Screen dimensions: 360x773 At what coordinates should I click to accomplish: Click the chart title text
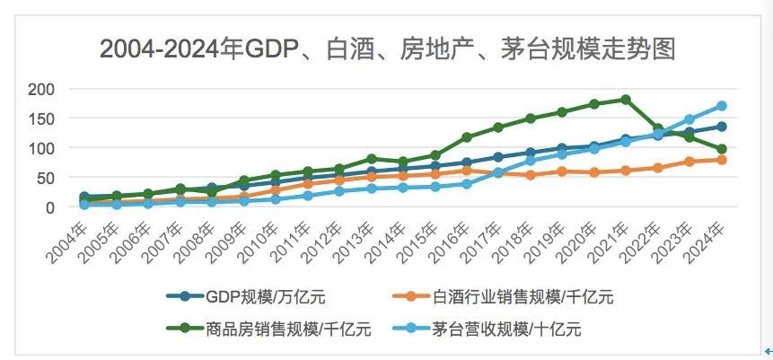(x=387, y=48)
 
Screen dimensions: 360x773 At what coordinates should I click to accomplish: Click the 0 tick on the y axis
(x=50, y=207)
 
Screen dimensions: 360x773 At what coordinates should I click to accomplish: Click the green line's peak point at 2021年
(x=626, y=100)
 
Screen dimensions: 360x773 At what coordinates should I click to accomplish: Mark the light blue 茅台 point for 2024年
(x=721, y=106)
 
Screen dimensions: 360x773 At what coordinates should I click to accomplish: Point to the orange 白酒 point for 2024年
(x=721, y=160)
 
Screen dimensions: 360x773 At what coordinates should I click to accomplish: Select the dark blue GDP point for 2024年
(x=721, y=127)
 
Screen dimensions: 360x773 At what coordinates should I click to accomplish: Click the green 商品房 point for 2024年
(x=721, y=149)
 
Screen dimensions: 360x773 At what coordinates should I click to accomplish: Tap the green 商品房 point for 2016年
(x=467, y=137)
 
